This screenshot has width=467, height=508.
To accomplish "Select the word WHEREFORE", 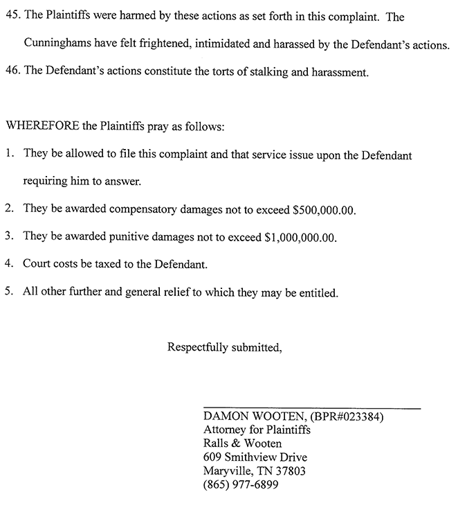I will (42, 128).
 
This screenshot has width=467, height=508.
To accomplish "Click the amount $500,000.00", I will (324, 209).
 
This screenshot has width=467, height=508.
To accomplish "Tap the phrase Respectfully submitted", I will (224, 347).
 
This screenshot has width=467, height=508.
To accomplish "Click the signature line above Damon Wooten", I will (311, 408).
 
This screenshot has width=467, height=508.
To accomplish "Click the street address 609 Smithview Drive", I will (255, 457).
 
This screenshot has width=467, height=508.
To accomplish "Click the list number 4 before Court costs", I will (8, 264).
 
